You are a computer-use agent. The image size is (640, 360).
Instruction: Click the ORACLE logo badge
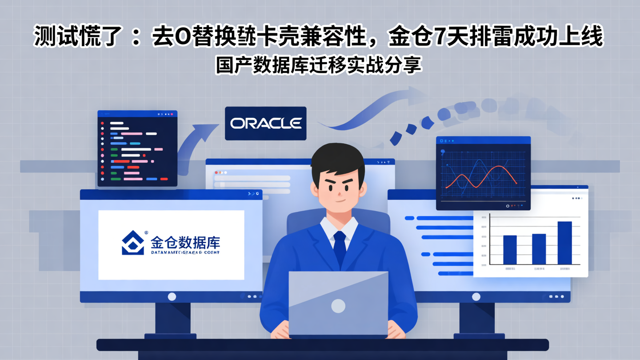pyautogui.click(x=265, y=123)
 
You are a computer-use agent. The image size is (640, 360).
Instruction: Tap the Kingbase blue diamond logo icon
pyautogui.click(x=133, y=243)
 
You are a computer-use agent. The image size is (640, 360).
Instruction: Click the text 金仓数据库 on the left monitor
pyautogui.click(x=185, y=243)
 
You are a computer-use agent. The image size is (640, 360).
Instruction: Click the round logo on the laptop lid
pyautogui.click(x=338, y=305)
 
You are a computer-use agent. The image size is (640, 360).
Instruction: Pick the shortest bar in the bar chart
pyautogui.click(x=510, y=250)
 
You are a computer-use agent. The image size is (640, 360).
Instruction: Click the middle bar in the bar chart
pyautogui.click(x=539, y=249)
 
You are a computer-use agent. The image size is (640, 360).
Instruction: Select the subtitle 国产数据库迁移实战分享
pyautogui.click(x=318, y=65)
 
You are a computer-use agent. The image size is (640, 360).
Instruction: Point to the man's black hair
pyautogui.click(x=338, y=158)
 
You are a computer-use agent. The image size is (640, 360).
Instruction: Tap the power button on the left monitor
pyautogui.click(x=172, y=296)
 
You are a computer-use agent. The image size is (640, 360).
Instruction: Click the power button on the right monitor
pyautogui.click(x=476, y=296)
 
